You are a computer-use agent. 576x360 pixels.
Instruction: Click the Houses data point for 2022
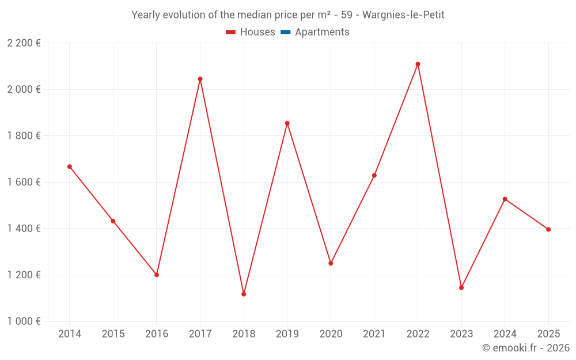click(x=418, y=64)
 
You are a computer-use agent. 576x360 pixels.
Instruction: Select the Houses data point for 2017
click(x=200, y=79)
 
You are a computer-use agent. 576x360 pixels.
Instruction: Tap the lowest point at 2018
click(x=244, y=294)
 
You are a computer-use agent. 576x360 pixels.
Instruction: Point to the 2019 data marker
click(x=287, y=123)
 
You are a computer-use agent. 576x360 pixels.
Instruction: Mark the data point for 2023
click(x=461, y=287)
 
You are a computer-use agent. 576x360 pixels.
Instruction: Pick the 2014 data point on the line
click(x=70, y=166)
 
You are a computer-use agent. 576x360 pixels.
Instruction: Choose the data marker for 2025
click(x=548, y=229)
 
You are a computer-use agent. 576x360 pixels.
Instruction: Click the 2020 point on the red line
click(x=331, y=263)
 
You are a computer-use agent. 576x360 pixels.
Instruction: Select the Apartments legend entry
click(x=322, y=32)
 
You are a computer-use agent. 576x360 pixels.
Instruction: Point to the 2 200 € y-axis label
click(x=24, y=43)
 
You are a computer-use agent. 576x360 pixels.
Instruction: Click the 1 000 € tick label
click(x=24, y=321)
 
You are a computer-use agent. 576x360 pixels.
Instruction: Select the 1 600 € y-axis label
click(x=24, y=182)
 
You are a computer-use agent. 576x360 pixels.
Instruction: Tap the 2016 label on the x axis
click(x=157, y=334)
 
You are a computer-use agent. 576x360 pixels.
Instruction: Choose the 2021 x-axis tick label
click(x=374, y=334)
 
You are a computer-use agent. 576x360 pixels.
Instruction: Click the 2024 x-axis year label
click(x=505, y=334)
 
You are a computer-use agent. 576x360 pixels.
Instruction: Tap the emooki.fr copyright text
click(x=526, y=348)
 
